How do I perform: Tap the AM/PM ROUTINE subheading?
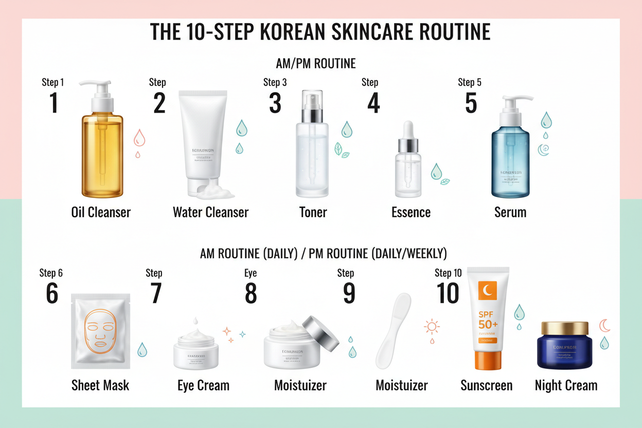[x=315, y=64]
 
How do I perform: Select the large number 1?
[x=53, y=102]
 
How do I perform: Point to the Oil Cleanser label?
[x=101, y=212]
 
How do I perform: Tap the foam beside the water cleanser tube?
[x=216, y=192]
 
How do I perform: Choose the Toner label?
[x=313, y=212]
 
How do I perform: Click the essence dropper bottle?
[x=408, y=165]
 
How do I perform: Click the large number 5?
[x=471, y=102]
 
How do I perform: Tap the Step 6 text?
[x=51, y=273]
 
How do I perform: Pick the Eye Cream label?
[x=203, y=385]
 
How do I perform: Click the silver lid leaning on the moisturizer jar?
[x=320, y=333]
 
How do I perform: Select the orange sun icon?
[x=432, y=327]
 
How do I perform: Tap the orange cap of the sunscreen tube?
[x=487, y=360]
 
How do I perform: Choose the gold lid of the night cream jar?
[x=565, y=328]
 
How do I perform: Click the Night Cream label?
[x=566, y=385]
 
